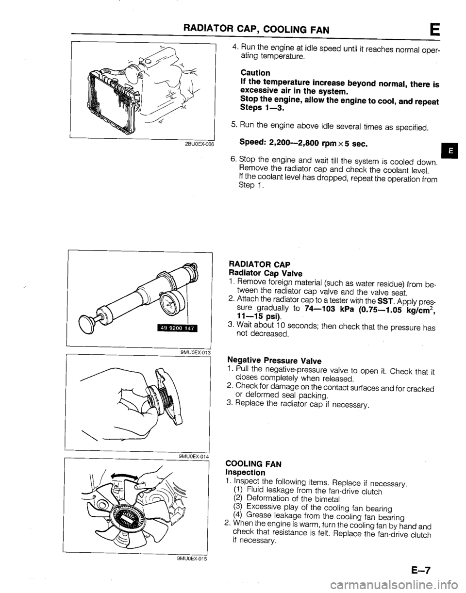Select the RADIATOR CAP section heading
pos(259,264)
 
